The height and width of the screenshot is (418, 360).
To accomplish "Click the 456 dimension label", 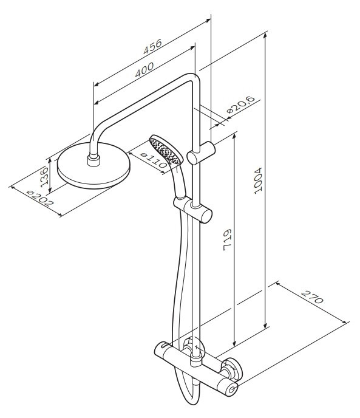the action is click(152, 46).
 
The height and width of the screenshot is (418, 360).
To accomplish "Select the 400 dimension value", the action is click(144, 70).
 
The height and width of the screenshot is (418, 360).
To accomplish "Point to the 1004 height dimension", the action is click(258, 180).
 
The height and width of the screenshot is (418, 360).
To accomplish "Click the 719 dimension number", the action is click(227, 239).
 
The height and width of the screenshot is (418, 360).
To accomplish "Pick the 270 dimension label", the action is click(312, 298).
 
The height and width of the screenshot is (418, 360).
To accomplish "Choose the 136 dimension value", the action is click(44, 177).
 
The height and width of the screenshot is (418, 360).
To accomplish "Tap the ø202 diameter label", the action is click(40, 198).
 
